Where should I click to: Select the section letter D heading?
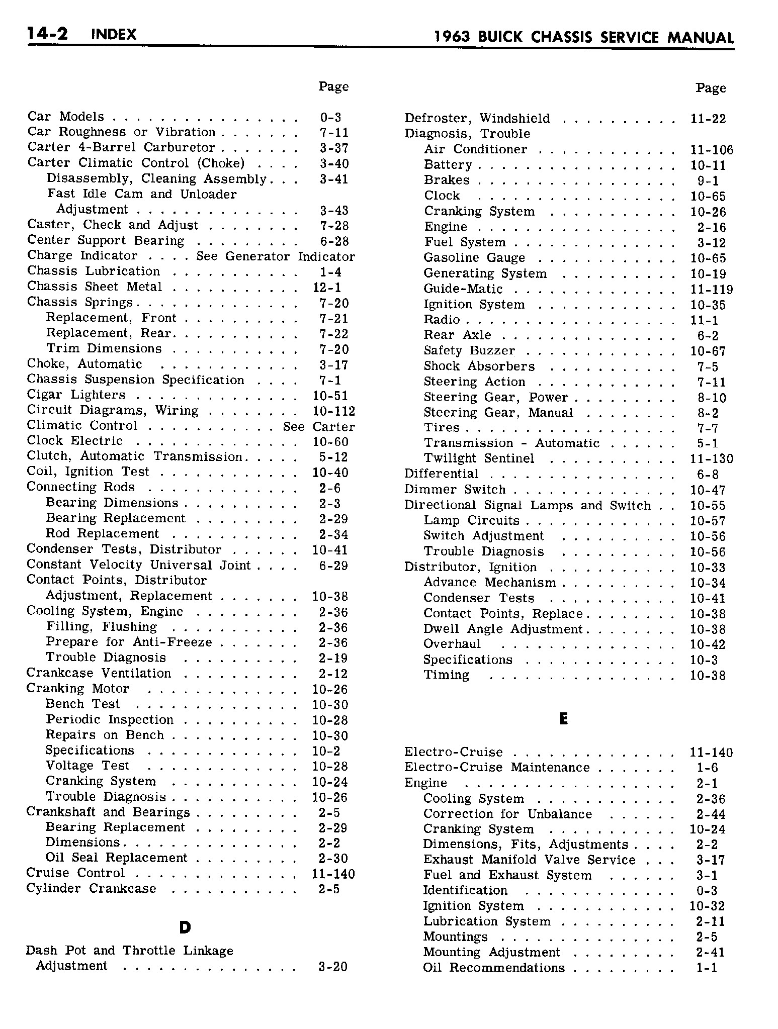[185, 928]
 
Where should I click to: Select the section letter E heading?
[563, 719]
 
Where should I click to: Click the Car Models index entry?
[66, 117]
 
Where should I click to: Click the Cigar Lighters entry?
[76, 396]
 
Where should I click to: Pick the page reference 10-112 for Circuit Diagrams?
[333, 411]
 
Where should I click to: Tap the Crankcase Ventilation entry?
[99, 674]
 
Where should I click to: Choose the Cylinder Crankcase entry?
[91, 889]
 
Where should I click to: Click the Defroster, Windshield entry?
[477, 119]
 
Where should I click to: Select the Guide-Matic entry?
[463, 289]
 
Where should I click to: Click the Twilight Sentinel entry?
[479, 459]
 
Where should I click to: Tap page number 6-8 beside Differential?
[708, 475]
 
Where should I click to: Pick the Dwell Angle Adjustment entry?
[502, 629]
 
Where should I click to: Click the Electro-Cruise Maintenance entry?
[497, 768]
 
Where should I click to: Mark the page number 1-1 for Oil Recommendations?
[707, 968]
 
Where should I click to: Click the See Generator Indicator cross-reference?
[276, 256]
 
